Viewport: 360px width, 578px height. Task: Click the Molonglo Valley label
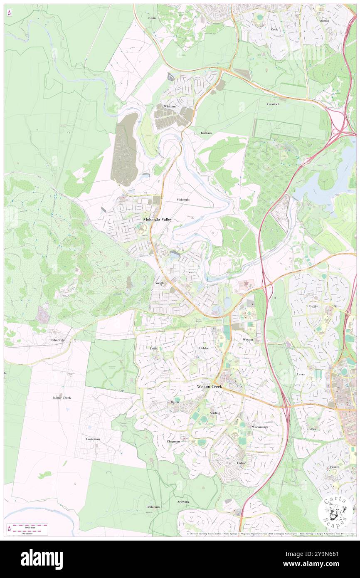157,219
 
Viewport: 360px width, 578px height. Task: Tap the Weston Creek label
209,386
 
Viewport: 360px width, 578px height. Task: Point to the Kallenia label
204,133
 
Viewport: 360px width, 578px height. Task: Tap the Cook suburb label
274,30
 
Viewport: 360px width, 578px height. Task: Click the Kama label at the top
153,19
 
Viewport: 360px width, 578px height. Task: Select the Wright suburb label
160,283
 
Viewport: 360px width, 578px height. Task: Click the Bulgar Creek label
62,398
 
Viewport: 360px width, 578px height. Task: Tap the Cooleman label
93,439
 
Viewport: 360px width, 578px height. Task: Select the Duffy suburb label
154,348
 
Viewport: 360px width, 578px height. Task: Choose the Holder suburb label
204,348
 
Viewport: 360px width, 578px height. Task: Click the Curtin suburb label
313,306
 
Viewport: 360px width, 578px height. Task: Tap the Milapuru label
153,507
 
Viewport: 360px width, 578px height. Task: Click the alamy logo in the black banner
42,559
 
